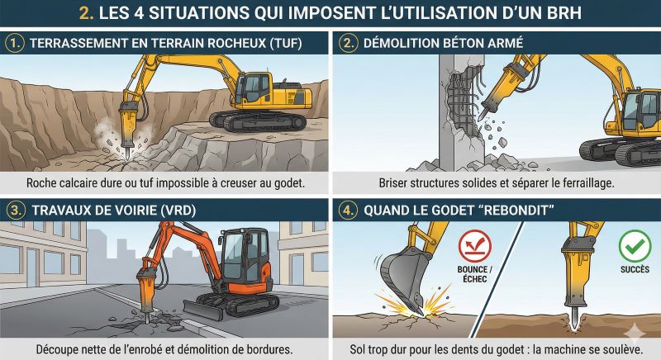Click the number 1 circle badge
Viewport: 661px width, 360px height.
pyautogui.click(x=15, y=43)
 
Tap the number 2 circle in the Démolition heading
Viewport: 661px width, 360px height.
pyautogui.click(x=348, y=43)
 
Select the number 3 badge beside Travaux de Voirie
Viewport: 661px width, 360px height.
pyautogui.click(x=15, y=210)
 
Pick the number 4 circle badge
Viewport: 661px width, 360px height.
pyautogui.click(x=348, y=210)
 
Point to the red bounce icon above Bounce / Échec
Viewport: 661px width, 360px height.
pyautogui.click(x=474, y=246)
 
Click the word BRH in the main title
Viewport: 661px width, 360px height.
pyautogui.click(x=562, y=13)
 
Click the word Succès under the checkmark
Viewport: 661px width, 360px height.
pyautogui.click(x=635, y=269)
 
